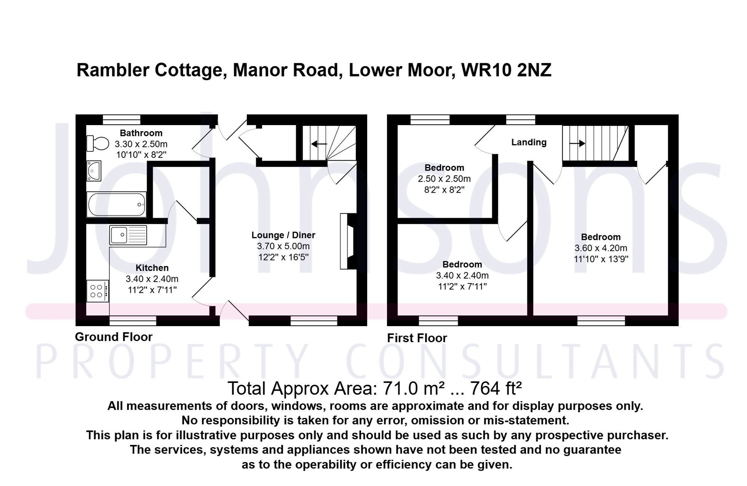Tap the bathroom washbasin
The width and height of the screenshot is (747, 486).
(x=94, y=171)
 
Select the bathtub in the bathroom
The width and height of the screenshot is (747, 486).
(x=117, y=204)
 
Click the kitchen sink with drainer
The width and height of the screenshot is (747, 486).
(x=128, y=235)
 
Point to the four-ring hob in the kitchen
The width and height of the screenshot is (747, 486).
(x=97, y=291)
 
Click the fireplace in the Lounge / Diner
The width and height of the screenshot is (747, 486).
(x=348, y=241)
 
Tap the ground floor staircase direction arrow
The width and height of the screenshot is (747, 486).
(x=319, y=144)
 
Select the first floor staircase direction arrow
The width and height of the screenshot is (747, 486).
(x=577, y=143)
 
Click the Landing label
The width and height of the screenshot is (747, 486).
(x=529, y=142)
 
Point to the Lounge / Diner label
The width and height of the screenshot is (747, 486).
(x=283, y=235)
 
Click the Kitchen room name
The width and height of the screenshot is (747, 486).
(x=152, y=268)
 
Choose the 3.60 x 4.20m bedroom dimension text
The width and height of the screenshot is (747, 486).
(x=601, y=248)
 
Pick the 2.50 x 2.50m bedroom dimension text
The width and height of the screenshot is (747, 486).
(x=444, y=179)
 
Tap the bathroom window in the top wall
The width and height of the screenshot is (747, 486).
(x=122, y=120)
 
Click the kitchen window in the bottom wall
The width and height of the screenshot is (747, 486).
(x=133, y=321)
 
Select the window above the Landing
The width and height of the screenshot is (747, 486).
(x=521, y=120)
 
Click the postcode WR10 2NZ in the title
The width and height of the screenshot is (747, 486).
(x=506, y=70)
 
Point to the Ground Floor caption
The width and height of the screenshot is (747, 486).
(x=114, y=337)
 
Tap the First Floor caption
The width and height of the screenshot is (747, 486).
(x=417, y=338)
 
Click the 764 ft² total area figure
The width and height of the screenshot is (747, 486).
(x=496, y=389)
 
